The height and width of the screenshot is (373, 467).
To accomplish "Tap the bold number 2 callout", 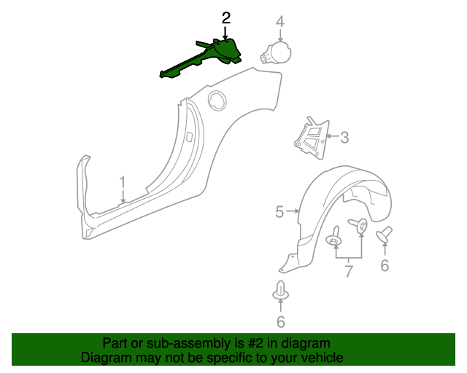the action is click(x=226, y=17).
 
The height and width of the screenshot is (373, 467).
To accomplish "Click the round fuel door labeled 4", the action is click(x=278, y=53).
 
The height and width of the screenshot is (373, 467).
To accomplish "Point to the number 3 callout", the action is click(x=344, y=136).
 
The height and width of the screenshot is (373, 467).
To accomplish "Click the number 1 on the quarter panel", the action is click(x=123, y=181).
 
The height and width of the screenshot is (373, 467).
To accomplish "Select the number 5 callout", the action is click(x=279, y=212).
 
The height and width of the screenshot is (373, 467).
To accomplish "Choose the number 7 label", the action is click(x=349, y=272).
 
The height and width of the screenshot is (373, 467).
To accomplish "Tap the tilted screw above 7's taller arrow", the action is click(x=360, y=227).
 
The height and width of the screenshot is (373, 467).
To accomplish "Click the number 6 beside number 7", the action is click(x=385, y=266).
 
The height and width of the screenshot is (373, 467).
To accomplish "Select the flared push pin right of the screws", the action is click(x=384, y=235).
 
